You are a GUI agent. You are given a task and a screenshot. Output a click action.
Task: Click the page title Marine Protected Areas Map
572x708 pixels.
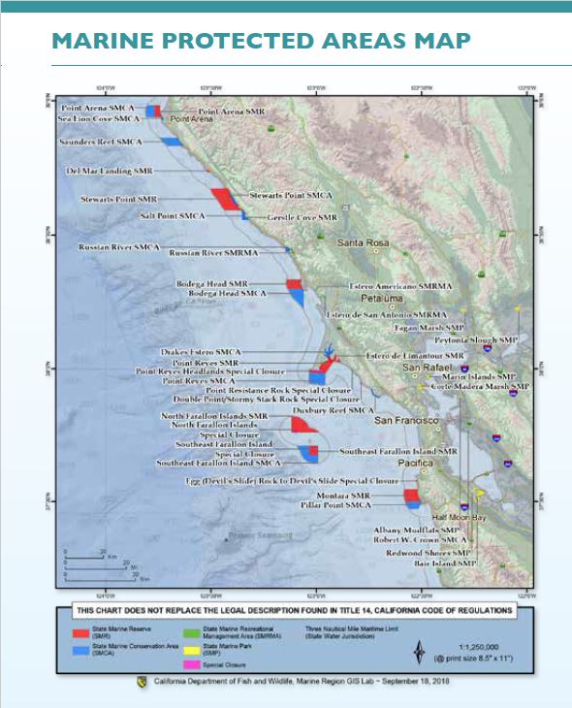pos(261,41)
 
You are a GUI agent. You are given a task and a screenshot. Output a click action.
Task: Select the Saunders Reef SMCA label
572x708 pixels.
pos(103,142)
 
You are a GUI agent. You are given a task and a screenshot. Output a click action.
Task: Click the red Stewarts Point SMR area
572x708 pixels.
pos(225,199)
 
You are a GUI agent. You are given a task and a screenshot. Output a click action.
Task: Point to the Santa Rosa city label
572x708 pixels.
pos(361,242)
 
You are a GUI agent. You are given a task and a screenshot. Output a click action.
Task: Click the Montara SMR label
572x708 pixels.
pos(372,495)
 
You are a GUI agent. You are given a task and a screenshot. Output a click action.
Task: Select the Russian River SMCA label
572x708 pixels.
pos(119,247)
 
